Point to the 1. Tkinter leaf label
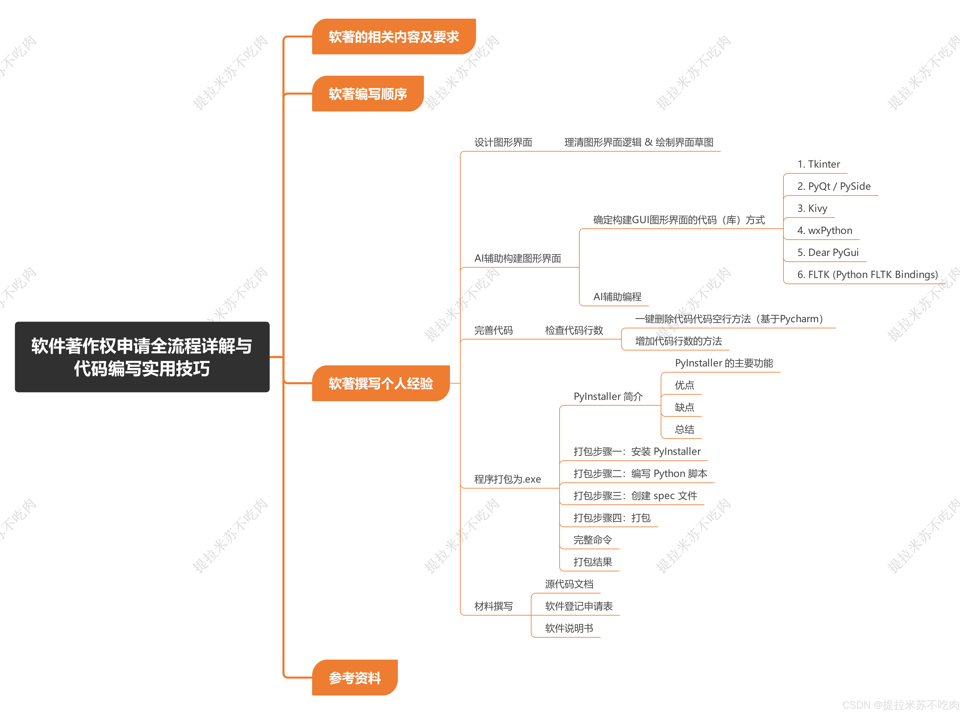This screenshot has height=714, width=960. [x=818, y=164]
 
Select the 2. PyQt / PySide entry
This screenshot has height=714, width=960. [x=833, y=186]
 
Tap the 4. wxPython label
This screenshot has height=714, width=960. [x=824, y=230]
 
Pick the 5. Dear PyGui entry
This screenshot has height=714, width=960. [x=827, y=252]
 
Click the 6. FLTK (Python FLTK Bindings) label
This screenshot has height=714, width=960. [x=867, y=274]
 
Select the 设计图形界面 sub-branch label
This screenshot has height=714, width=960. [x=503, y=142]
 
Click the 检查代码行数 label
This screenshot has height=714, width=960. [x=574, y=330]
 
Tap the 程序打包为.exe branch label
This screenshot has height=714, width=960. [x=507, y=479]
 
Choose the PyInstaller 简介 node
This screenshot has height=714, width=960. [x=608, y=396]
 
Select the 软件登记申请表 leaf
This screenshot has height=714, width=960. [x=578, y=606]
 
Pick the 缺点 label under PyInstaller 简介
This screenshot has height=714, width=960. [x=684, y=407]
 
